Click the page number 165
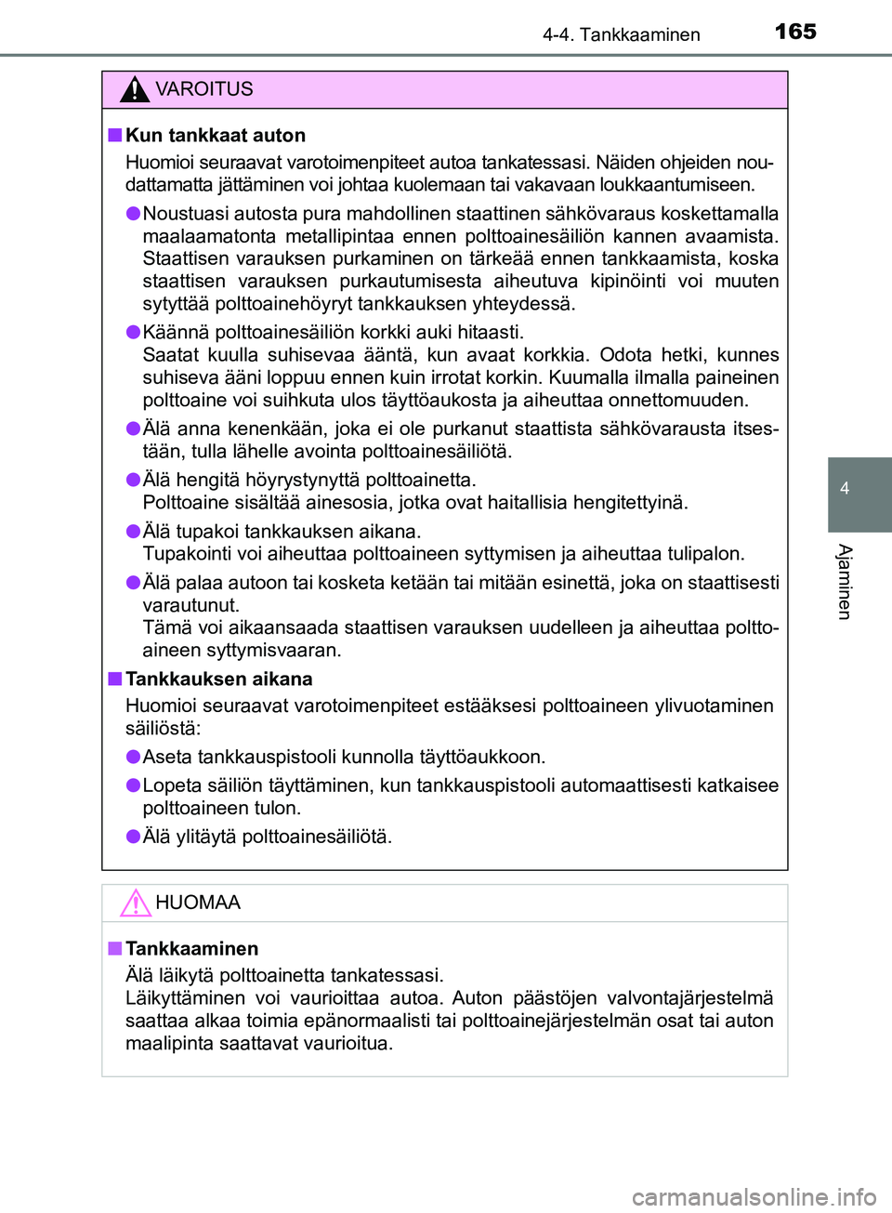click(x=795, y=32)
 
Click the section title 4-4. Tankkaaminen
click(x=621, y=34)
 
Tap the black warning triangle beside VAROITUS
click(x=135, y=90)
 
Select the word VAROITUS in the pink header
click(x=203, y=89)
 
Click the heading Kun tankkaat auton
click(x=215, y=136)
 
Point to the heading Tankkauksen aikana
click(x=218, y=679)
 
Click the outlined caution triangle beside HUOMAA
click(x=136, y=903)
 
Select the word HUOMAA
click(x=197, y=903)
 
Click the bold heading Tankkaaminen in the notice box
click(x=191, y=949)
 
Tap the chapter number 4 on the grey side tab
click(x=845, y=489)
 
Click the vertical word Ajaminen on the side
click(x=845, y=582)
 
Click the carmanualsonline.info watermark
click(x=754, y=1196)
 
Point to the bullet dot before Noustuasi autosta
click(x=134, y=213)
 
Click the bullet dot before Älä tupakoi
click(x=134, y=531)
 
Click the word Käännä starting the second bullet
click(x=176, y=333)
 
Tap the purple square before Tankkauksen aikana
click(x=114, y=679)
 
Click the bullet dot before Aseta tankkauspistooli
click(x=134, y=757)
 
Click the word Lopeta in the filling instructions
click(x=172, y=785)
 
